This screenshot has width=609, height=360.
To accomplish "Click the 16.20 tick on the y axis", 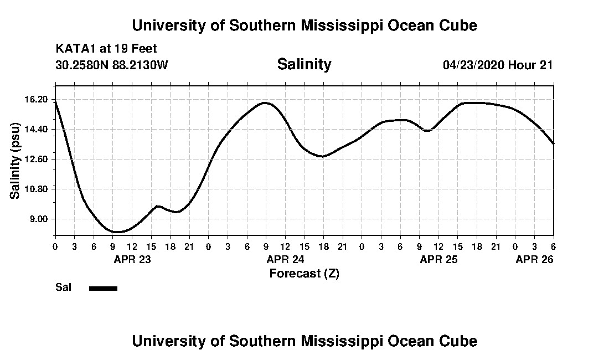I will (38, 100).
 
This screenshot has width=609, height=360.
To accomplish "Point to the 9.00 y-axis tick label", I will (40, 219).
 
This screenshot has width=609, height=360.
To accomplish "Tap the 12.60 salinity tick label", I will (38, 159).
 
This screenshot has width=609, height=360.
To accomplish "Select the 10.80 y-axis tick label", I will (38, 189).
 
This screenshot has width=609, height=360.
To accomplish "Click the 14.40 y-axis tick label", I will (38, 130).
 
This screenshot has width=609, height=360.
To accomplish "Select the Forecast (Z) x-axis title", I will (304, 273).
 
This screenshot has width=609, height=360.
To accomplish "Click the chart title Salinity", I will (304, 64).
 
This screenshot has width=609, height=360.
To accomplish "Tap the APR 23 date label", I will (132, 259).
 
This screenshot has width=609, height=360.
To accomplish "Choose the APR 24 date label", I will (286, 259).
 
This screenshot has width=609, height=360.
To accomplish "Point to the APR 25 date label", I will (439, 259).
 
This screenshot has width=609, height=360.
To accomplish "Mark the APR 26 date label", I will (534, 259).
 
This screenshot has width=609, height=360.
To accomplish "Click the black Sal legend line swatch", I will (103, 288).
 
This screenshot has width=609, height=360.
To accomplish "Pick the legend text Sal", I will (63, 287).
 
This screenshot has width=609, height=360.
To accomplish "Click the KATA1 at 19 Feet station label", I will (106, 49).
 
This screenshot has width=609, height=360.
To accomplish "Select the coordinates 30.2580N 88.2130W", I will (112, 65).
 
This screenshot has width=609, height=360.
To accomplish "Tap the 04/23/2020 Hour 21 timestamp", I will (498, 65).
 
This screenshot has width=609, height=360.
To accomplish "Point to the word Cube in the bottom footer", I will (458, 341).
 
